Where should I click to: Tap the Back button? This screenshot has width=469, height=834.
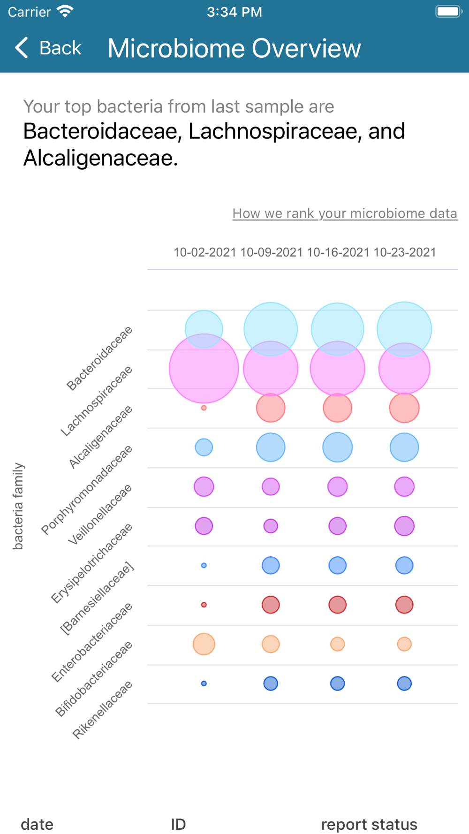[48, 48]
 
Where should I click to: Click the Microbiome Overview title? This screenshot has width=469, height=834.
[234, 48]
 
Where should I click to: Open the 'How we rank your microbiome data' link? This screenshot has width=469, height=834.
[345, 213]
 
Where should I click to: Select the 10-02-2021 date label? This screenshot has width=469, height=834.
[205, 252]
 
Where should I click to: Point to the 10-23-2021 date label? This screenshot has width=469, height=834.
[405, 252]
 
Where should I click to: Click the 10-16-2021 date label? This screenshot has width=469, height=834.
[338, 252]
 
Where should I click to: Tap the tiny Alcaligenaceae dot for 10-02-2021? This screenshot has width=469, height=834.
[204, 408]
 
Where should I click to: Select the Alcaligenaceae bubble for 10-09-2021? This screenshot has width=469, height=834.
[271, 408]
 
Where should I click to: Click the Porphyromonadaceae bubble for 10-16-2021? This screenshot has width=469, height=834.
[338, 447]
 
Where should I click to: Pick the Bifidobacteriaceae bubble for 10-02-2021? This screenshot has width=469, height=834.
[204, 644]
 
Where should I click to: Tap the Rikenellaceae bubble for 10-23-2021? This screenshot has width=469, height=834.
[404, 683]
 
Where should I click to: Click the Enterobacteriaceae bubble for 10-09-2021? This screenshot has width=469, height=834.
[271, 605]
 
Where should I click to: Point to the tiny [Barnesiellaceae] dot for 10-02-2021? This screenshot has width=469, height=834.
[204, 565]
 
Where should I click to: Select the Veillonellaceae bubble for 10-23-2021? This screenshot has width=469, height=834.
[404, 486]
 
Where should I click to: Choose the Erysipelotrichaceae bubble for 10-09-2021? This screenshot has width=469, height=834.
[271, 526]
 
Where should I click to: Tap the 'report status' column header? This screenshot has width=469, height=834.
[369, 824]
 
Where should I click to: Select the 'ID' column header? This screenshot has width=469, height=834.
[178, 824]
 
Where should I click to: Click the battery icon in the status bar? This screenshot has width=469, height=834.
[448, 11]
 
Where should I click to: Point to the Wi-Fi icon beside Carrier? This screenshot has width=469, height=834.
[65, 11]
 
